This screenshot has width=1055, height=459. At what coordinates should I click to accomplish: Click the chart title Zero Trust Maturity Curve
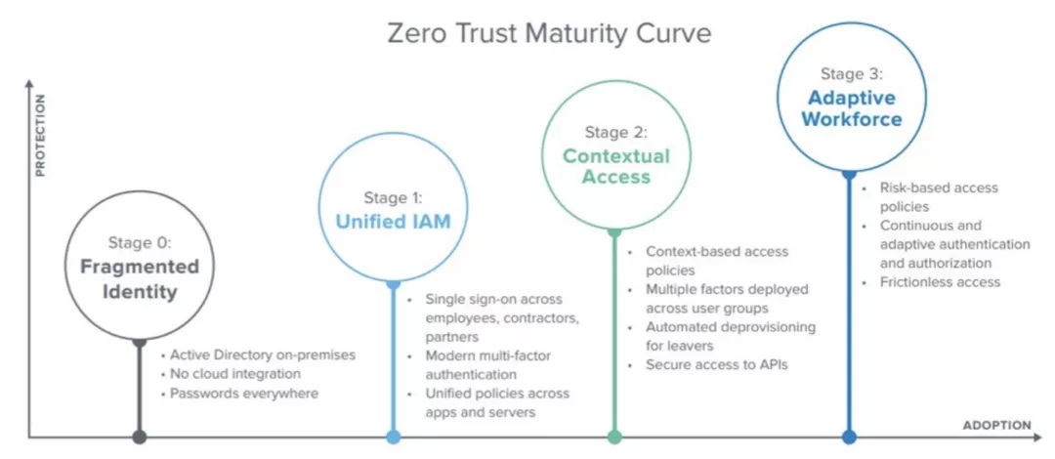pyautogui.click(x=548, y=33)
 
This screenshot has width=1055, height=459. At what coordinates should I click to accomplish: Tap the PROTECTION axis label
pyautogui.click(x=40, y=135)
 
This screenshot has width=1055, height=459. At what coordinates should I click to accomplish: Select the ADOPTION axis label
pyautogui.click(x=997, y=426)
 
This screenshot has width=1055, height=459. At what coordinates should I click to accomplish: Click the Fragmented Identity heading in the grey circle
pyautogui.click(x=140, y=279)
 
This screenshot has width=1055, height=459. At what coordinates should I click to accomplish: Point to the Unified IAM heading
pyautogui.click(x=393, y=222)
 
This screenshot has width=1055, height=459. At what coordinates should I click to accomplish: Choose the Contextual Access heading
pyautogui.click(x=616, y=166)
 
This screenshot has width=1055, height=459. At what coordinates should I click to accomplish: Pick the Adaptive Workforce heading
pyautogui.click(x=852, y=108)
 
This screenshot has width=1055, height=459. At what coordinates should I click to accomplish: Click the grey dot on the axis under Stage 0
pyautogui.click(x=140, y=438)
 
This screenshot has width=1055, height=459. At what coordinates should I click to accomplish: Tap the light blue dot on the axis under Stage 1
pyautogui.click(x=394, y=438)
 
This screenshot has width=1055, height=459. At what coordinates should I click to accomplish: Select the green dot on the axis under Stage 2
pyautogui.click(x=614, y=438)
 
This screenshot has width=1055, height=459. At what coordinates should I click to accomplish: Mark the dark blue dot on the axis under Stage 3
pyautogui.click(x=849, y=438)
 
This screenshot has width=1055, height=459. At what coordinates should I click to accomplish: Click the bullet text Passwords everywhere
pyautogui.click(x=243, y=393)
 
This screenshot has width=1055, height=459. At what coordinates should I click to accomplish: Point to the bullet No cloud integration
pyautogui.click(x=235, y=373)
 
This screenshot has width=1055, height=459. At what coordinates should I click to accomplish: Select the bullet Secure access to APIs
pyautogui.click(x=717, y=365)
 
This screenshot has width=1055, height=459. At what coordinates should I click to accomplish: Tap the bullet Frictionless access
pyautogui.click(x=940, y=282)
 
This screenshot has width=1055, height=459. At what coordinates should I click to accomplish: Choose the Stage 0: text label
pyautogui.click(x=140, y=243)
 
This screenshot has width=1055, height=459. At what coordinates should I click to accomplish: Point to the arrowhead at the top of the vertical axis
pyautogui.click(x=28, y=83)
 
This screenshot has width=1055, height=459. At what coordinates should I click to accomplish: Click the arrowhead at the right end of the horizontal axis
pyautogui.click(x=1036, y=438)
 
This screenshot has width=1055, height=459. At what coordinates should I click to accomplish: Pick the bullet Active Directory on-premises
pyautogui.click(x=263, y=354)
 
